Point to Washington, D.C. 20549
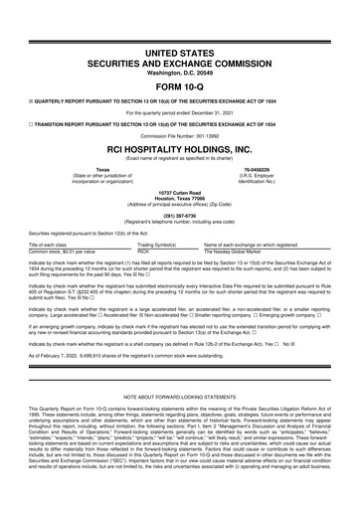[179, 45]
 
